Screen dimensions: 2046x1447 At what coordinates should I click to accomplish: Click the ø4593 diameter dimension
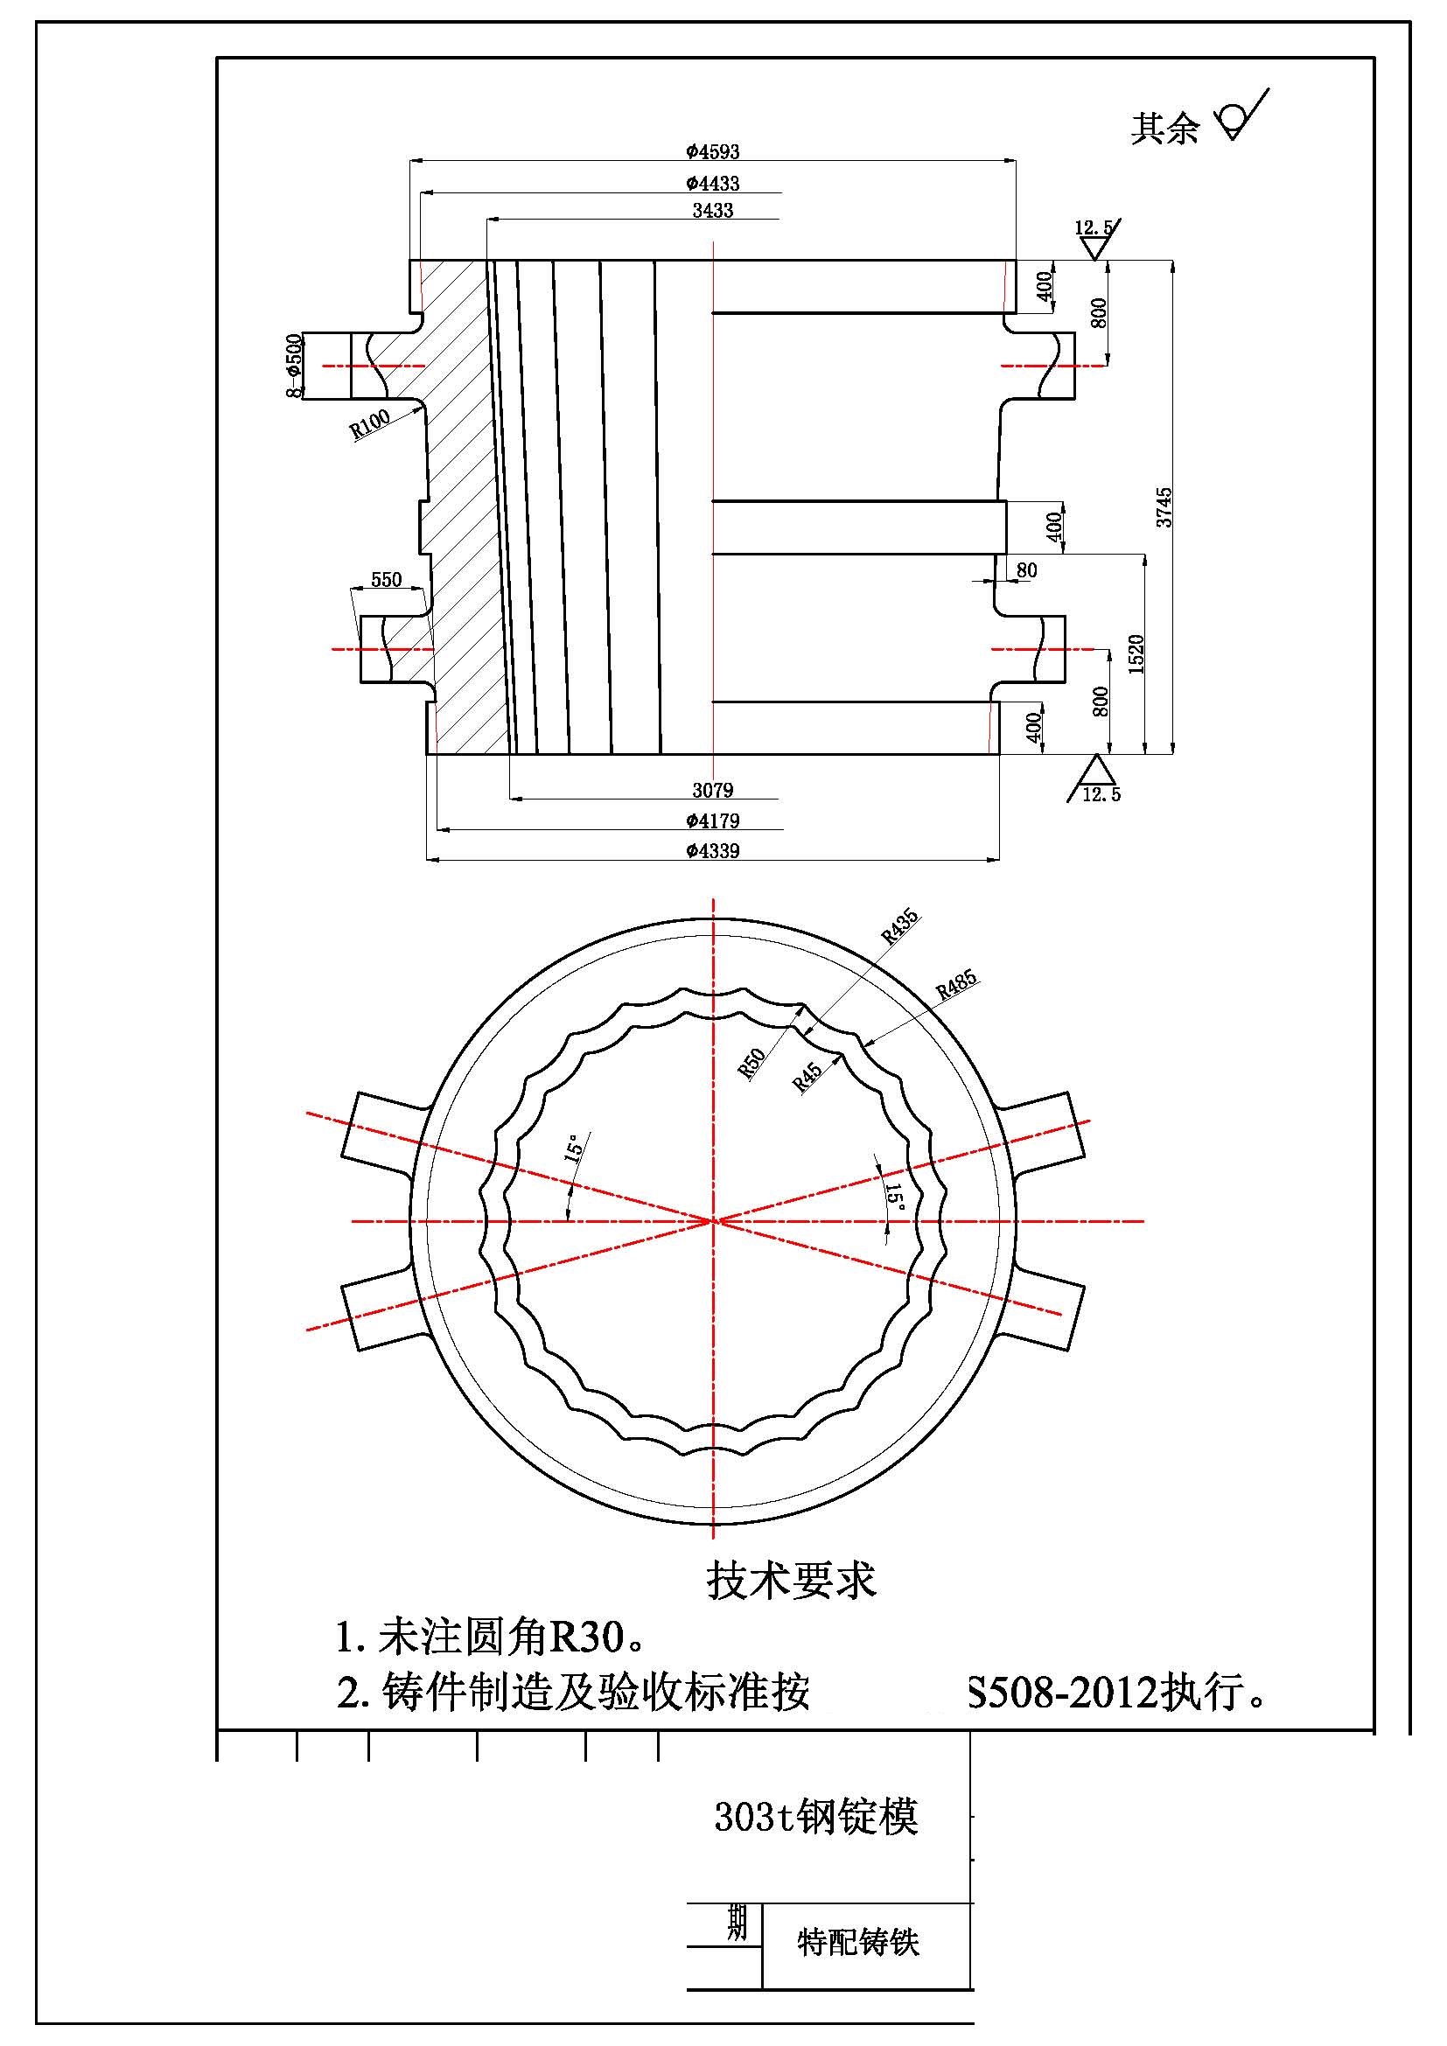pyautogui.click(x=713, y=152)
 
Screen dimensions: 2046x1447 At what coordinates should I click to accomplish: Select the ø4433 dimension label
pyautogui.click(x=713, y=184)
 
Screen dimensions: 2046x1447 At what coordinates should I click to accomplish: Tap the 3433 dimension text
pyautogui.click(x=713, y=210)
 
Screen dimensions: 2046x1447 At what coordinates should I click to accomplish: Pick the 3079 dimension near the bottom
pyautogui.click(x=713, y=790)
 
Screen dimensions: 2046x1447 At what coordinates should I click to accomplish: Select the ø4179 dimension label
pyautogui.click(x=713, y=820)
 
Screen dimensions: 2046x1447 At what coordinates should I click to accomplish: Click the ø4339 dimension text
pyautogui.click(x=713, y=850)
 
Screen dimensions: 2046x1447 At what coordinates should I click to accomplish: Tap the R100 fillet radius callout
pyautogui.click(x=369, y=424)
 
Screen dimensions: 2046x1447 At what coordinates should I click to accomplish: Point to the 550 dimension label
pyautogui.click(x=386, y=580)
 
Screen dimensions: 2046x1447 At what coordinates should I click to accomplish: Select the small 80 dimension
pyautogui.click(x=1026, y=570)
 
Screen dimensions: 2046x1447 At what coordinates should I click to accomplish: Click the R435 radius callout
pyautogui.click(x=900, y=927)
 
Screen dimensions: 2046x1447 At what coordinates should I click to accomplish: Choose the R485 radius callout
pyautogui.click(x=956, y=985)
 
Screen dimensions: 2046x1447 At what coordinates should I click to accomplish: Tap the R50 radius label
pyautogui.click(x=753, y=1063)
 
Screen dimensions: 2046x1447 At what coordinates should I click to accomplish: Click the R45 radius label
pyautogui.click(x=807, y=1079)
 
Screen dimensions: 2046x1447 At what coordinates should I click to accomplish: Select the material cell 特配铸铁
pyautogui.click(x=857, y=1942)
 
